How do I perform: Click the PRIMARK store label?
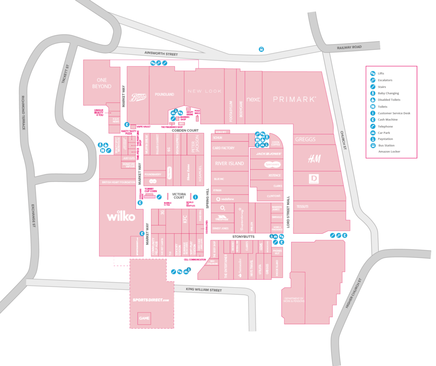(294, 99)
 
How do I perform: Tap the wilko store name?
(121, 217)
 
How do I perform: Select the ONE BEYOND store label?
(102, 83)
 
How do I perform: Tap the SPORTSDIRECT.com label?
(151, 300)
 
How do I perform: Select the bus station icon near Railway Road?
(261, 49)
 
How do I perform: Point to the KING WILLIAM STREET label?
(204, 290)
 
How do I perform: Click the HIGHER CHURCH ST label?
(354, 293)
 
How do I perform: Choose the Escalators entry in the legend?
(385, 80)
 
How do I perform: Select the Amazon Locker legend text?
(389, 151)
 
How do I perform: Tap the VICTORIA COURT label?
(179, 196)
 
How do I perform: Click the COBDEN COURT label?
(186, 131)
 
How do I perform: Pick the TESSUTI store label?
(302, 206)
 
